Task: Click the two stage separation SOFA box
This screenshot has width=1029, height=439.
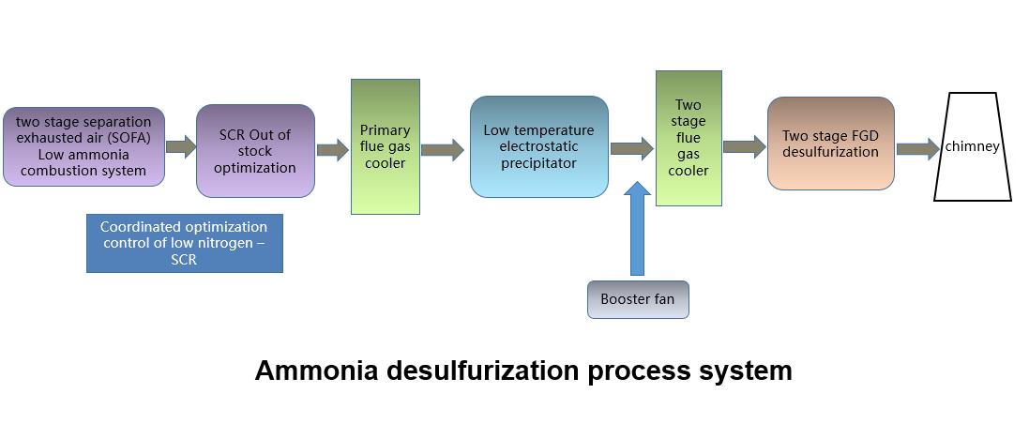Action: click(x=83, y=146)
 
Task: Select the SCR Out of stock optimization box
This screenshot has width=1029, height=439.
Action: click(x=255, y=151)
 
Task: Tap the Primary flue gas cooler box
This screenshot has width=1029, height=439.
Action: click(x=385, y=146)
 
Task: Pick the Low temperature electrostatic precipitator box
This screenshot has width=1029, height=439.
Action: click(x=538, y=146)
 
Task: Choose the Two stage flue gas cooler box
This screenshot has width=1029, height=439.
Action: click(x=688, y=138)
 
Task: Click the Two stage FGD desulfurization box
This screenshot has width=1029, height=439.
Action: click(x=830, y=144)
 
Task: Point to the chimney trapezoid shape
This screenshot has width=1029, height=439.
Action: click(x=973, y=146)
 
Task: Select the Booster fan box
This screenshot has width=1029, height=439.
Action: click(x=638, y=300)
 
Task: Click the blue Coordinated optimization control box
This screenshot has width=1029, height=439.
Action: click(x=184, y=243)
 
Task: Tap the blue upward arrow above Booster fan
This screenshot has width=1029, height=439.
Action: click(x=637, y=230)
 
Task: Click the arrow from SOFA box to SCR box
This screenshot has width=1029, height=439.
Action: click(x=180, y=146)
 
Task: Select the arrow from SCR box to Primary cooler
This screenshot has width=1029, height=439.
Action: click(x=332, y=149)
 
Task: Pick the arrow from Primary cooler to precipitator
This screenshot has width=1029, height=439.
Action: click(x=442, y=149)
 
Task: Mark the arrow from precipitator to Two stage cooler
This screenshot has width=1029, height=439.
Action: click(x=631, y=148)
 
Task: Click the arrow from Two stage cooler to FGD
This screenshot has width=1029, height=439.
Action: click(x=744, y=146)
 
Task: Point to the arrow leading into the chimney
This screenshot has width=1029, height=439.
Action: click(x=917, y=148)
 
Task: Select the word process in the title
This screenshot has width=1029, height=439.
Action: click(x=632, y=371)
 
